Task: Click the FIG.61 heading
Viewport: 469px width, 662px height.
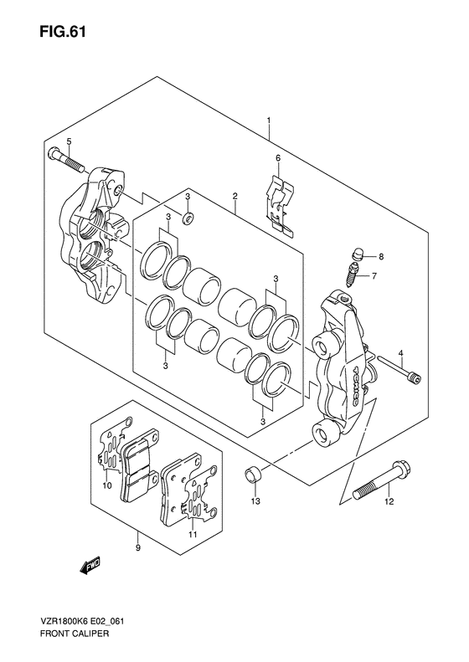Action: coord(63,32)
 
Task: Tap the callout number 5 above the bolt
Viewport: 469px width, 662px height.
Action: coord(70,141)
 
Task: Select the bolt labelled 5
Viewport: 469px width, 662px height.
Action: coord(67,160)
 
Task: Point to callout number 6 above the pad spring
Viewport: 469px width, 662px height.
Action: coord(277,158)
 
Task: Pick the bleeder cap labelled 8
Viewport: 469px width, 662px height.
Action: coord(358,254)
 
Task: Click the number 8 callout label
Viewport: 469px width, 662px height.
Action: coord(381,256)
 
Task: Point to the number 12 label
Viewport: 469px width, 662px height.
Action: coord(389,501)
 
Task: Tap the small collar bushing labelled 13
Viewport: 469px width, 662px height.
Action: coord(254,476)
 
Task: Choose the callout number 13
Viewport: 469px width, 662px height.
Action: coord(255,501)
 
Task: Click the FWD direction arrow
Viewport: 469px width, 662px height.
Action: coord(89,564)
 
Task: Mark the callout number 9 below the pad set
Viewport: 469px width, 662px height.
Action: coord(137,548)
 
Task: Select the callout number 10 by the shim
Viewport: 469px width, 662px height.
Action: coord(106,486)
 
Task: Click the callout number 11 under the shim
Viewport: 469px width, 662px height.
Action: coord(193,535)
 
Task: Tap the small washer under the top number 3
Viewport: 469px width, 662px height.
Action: coord(188,218)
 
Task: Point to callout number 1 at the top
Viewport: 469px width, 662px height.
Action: coord(268,121)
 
